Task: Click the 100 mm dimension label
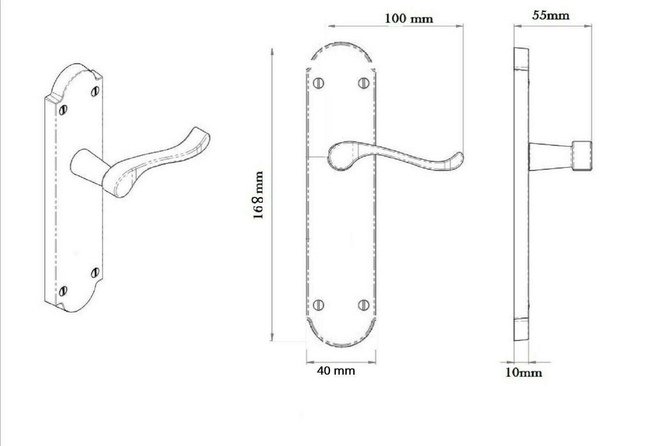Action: (409, 19)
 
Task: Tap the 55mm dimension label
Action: (550, 15)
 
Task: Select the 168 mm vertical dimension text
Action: (258, 195)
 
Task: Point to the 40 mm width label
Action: (336, 371)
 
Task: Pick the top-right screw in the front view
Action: (363, 83)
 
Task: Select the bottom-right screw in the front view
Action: (363, 304)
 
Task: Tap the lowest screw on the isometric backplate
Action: (63, 291)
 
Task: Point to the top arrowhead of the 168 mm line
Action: (271, 51)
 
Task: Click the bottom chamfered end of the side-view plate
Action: (521, 329)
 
